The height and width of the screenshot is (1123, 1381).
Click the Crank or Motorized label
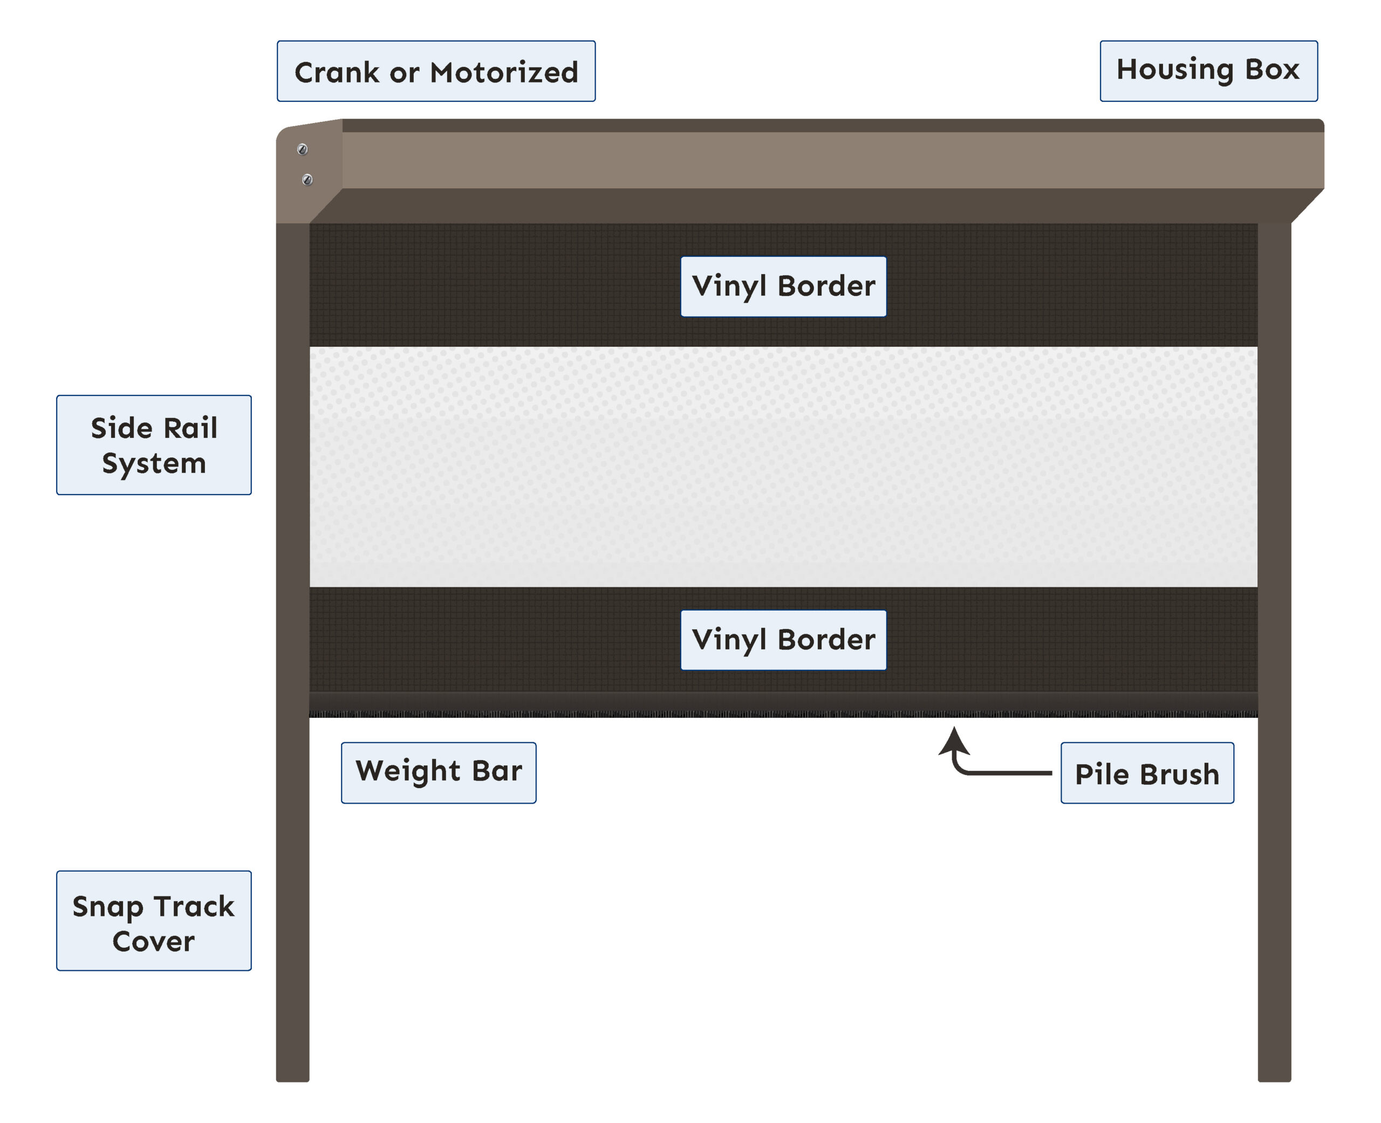coord(436,71)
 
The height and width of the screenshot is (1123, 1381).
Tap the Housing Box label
coord(1208,71)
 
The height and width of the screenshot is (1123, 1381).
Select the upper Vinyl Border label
coord(783,286)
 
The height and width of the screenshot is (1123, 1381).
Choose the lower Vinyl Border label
coord(783,640)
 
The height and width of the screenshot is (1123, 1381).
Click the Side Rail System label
coord(153,445)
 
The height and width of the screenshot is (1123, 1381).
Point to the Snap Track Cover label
coord(153,921)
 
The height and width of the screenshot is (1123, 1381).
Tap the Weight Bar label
coord(438,772)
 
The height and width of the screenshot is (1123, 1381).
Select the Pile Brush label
coord(1146,773)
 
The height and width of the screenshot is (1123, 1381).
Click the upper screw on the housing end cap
coord(302,149)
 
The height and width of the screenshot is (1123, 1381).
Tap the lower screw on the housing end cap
coord(307,179)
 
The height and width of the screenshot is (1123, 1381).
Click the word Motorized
coord(504,72)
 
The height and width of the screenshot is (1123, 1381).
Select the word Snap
coord(107,907)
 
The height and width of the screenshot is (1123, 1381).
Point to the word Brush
coord(1179,775)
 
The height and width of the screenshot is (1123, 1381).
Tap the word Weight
coord(408,772)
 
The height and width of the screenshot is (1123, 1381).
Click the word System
coord(154,464)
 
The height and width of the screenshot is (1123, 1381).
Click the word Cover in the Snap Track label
coord(153,942)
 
